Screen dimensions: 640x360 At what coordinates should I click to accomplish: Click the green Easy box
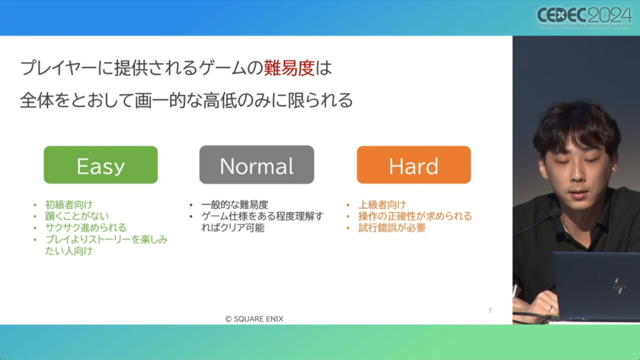pos(101,165)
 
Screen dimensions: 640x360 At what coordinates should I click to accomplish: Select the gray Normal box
pos(257,165)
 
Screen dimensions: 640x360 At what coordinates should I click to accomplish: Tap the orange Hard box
pos(414,165)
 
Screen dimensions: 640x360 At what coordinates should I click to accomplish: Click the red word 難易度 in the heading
pos(289,68)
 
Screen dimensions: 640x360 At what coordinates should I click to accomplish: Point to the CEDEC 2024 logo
pos(584,17)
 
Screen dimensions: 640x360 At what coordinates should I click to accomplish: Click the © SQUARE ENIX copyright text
pos(254,319)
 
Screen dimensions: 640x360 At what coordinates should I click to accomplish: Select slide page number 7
pos(490,310)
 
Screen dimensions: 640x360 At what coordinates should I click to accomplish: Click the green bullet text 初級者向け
pos(69,204)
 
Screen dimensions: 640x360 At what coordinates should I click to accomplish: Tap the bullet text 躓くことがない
pos(77,216)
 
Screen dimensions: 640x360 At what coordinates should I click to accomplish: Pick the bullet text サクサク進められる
pos(86,227)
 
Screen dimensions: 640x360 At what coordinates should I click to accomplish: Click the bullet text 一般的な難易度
pos(234,204)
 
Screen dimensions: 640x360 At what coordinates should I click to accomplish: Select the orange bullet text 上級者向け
pos(382,204)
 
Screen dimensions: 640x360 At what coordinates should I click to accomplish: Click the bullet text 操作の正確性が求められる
pos(415,216)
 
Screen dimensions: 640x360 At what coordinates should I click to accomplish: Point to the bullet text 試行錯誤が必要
pos(392,228)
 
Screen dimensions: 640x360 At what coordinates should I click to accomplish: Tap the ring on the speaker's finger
pos(550,308)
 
